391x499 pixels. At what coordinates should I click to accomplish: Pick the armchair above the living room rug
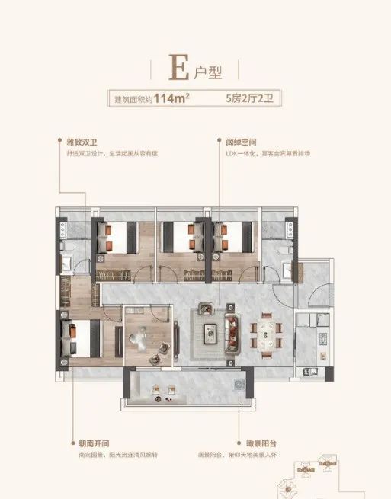pyautogui.click(x=206, y=309)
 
